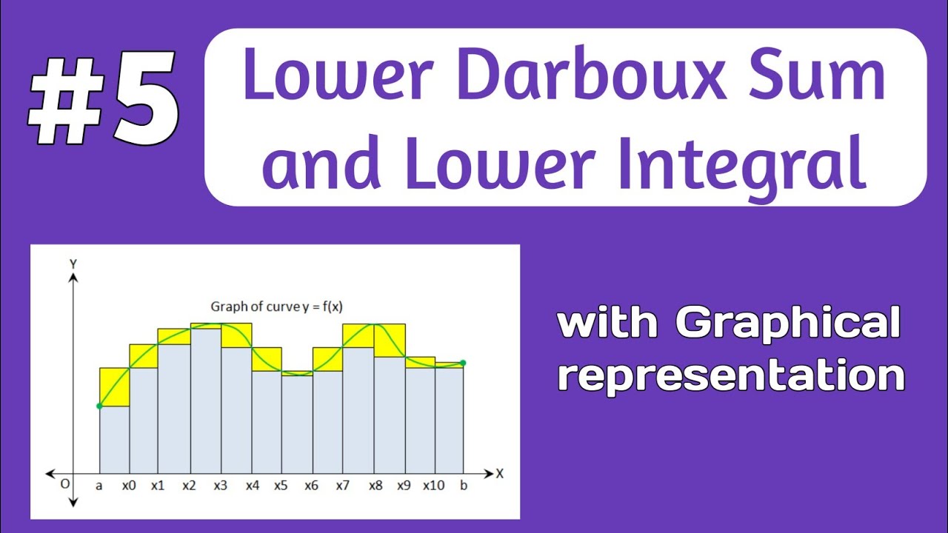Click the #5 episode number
coord(104,101)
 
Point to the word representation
coord(732,375)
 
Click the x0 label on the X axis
coord(130,486)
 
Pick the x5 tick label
coord(281,486)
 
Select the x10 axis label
coord(434,486)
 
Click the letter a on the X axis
coord(99,486)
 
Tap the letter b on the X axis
coord(463,486)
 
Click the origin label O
coord(66,484)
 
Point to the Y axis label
coord(73,263)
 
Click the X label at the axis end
coord(500,474)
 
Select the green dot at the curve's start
coord(99,406)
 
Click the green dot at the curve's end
coord(463,363)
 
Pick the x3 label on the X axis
coord(220,486)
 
